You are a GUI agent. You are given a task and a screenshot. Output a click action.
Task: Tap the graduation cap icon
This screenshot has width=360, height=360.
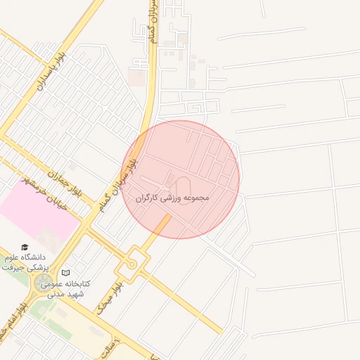pyautogui.click(x=25, y=247)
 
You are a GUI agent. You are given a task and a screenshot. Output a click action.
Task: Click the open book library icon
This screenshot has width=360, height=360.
pyautogui.click(x=66, y=273)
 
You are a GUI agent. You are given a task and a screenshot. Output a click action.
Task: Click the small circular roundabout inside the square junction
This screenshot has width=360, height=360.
pyautogui.click(x=131, y=264)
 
